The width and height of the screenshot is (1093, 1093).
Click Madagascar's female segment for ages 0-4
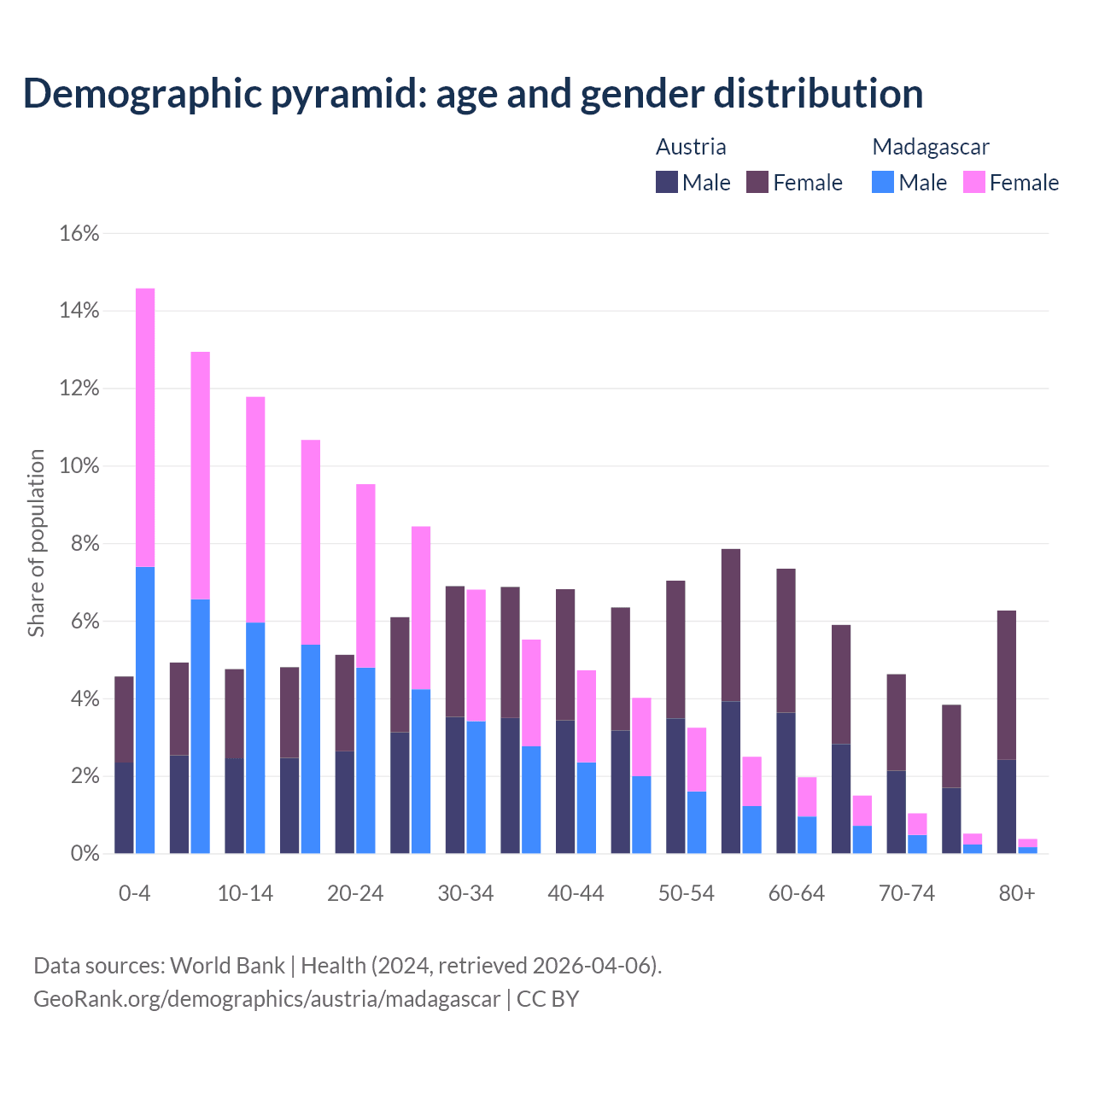pos(145,427)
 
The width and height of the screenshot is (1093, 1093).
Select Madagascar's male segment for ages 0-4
pos(145,709)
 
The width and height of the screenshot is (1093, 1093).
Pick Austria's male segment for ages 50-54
pos(675,786)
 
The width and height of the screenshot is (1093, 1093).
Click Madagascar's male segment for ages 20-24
pos(365,760)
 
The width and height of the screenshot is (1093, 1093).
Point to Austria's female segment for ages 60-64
pos(786,640)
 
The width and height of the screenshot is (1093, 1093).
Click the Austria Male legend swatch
pos(667,182)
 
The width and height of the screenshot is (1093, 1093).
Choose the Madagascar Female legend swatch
pos(974,182)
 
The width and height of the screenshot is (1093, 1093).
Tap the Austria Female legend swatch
pos(757,182)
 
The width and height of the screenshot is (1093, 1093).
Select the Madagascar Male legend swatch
pos(883,182)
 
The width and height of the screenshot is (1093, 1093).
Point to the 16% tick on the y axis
pos(79,233)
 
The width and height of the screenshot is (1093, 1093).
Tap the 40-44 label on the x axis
pos(576,893)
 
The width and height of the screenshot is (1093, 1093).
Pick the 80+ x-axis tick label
pos(1017,893)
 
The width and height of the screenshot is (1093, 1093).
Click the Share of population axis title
pos(36,543)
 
